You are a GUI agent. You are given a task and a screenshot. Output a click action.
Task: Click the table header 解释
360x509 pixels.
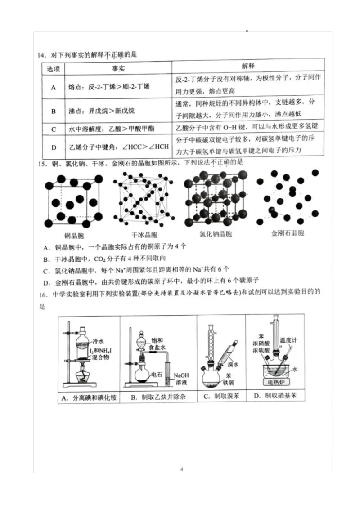(248, 66)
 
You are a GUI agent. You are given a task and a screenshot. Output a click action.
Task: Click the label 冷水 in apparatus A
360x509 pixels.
(98, 341)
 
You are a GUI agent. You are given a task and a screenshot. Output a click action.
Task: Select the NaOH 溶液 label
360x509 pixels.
(181, 379)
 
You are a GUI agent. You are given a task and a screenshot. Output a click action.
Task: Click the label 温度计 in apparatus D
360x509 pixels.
(288, 340)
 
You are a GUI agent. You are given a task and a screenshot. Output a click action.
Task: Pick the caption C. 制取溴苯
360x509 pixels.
(220, 397)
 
